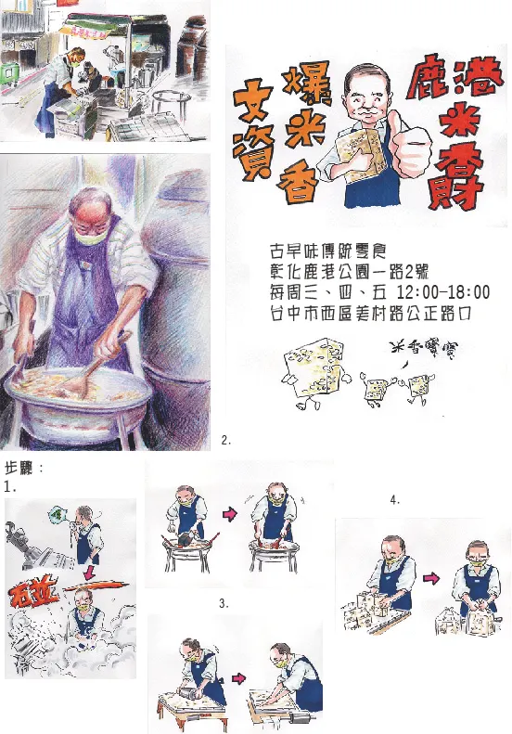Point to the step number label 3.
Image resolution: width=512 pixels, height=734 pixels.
coord(224,603)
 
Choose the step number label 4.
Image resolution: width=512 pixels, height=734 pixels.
coord(395,500)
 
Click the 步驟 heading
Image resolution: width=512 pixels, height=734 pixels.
coord(23,467)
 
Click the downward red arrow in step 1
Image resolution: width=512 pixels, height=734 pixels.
coord(85,573)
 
